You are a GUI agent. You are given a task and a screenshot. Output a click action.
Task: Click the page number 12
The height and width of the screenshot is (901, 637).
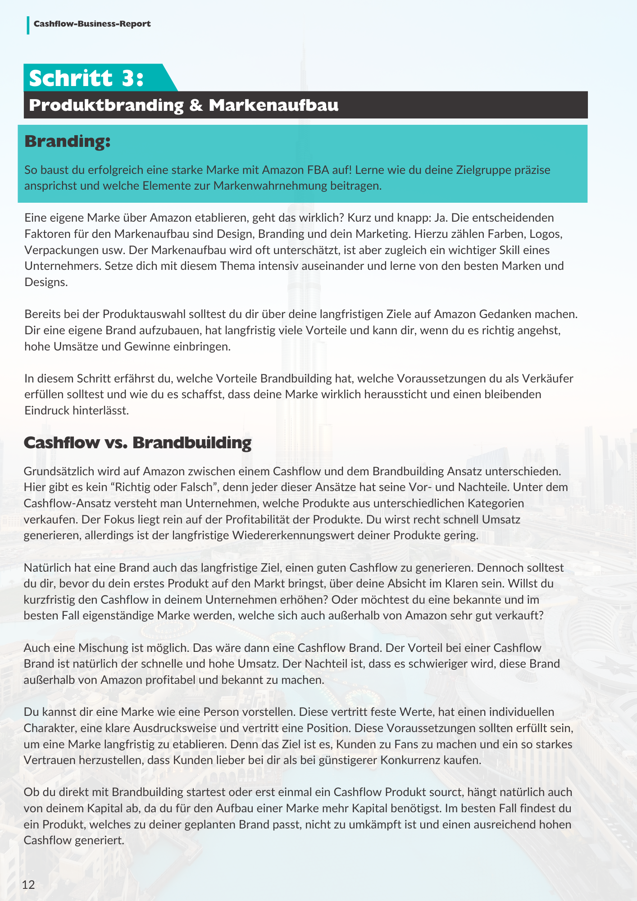(28, 884)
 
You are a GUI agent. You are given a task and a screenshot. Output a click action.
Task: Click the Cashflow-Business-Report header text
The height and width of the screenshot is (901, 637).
(92, 24)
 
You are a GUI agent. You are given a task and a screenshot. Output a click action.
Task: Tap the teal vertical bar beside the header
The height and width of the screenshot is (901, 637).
(28, 25)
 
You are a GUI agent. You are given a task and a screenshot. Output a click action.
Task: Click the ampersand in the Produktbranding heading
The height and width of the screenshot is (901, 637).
(196, 105)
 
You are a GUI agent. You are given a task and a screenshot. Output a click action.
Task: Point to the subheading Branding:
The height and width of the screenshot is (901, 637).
(68, 141)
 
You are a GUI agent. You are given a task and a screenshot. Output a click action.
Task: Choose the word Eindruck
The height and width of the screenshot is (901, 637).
(46, 410)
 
